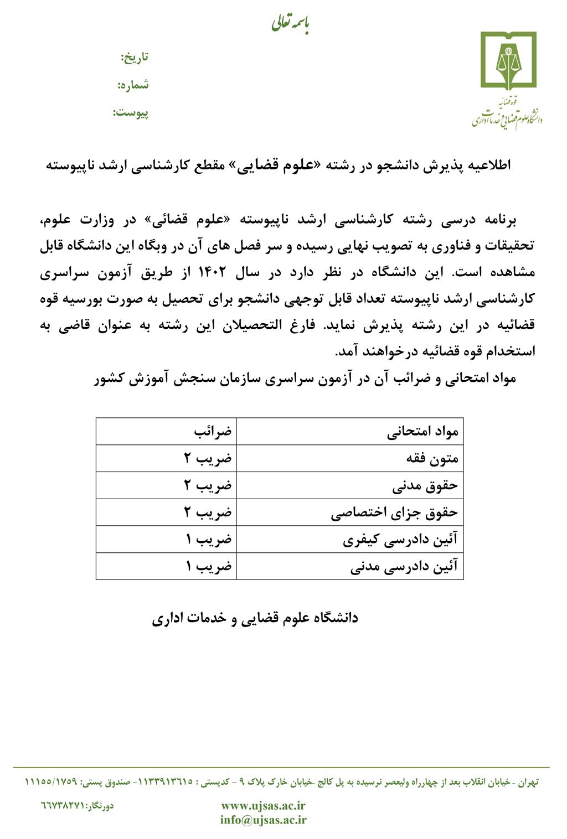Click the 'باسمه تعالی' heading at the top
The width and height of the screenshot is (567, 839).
coord(290,24)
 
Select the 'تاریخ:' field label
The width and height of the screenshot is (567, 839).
coord(135,57)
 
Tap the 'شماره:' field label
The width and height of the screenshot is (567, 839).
coord(133,85)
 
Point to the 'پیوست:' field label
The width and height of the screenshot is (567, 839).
coord(131,113)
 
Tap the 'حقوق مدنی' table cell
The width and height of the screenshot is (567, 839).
coord(425,485)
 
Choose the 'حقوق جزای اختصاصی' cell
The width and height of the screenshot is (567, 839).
coord(394,512)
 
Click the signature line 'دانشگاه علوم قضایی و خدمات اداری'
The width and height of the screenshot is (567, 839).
coord(255,618)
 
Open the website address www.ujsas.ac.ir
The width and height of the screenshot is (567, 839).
coord(263,806)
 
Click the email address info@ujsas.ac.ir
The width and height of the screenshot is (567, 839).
coord(263,820)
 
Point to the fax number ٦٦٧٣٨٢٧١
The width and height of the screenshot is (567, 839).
coord(61,806)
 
